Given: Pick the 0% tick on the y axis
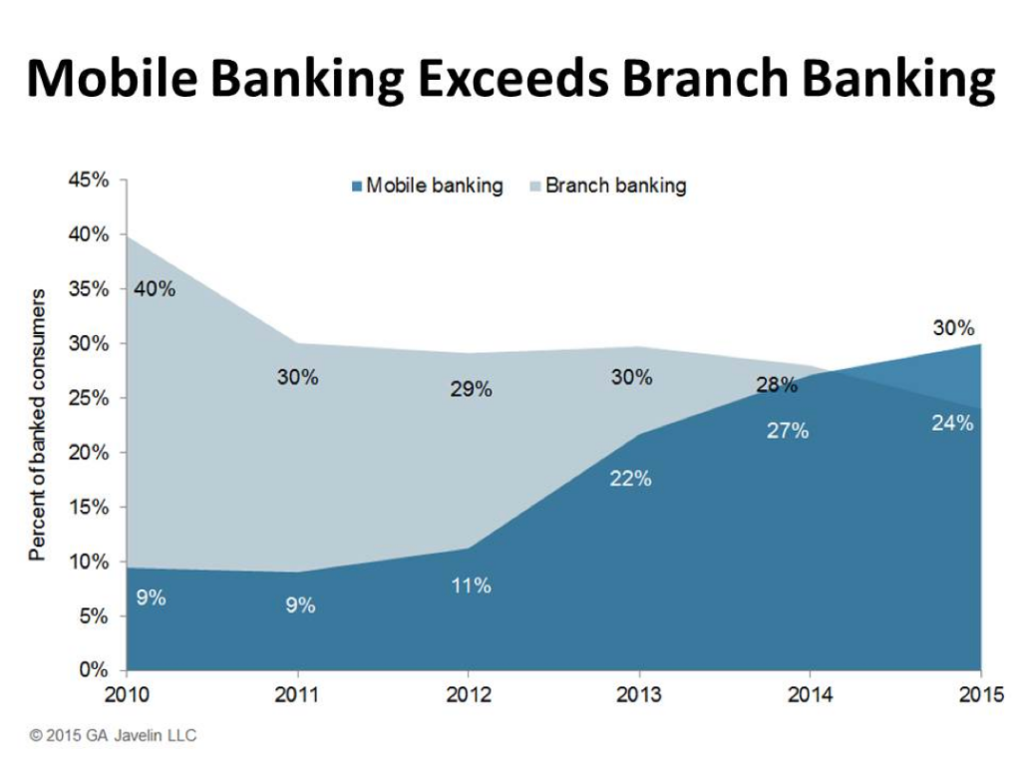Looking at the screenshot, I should tap(94, 669).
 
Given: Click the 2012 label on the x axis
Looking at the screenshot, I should tap(469, 693).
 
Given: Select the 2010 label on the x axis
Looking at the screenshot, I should tap(126, 693).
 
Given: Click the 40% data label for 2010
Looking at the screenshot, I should tap(155, 289).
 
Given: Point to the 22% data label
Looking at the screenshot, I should tap(630, 479).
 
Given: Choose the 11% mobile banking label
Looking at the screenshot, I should tap(470, 585).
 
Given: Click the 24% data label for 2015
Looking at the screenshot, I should tap(952, 423).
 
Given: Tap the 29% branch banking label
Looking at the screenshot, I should tap(470, 389).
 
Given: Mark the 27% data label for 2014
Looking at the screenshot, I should tap(788, 431).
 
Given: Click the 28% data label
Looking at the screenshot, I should tap(776, 385).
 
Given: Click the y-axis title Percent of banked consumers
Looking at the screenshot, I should tap(38, 425).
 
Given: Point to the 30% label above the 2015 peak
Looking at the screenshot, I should tap(953, 328).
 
